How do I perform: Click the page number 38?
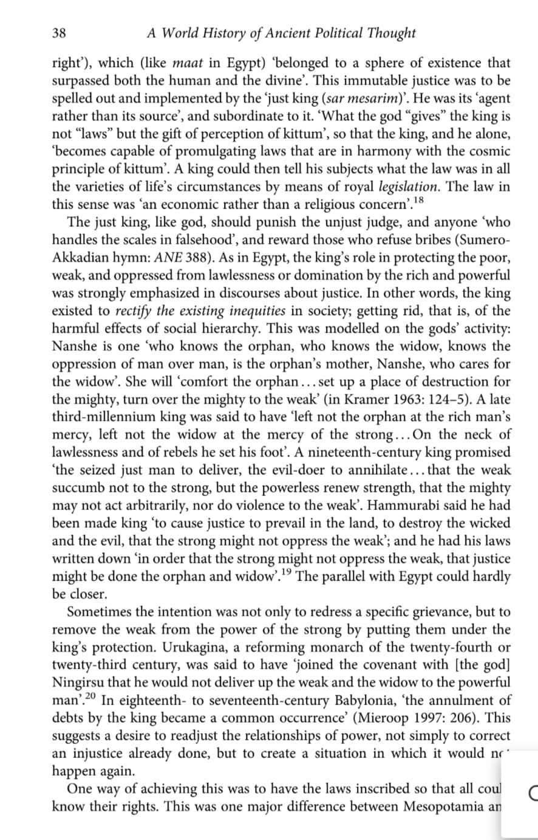click(x=60, y=33)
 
